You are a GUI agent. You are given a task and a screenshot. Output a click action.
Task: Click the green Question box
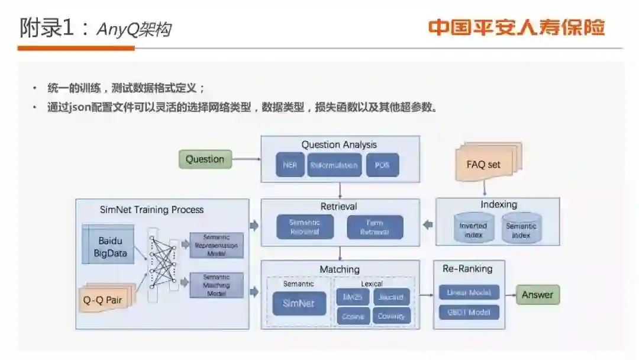coord(205,159)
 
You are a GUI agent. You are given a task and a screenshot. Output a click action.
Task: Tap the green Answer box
coord(537,295)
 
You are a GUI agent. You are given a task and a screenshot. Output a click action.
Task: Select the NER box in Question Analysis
coord(290,165)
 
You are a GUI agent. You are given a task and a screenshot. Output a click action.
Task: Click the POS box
coord(382,165)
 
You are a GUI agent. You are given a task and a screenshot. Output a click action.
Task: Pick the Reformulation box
coord(334,165)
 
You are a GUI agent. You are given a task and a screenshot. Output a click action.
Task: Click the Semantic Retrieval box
coord(305,227)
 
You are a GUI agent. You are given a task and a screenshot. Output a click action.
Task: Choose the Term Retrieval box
coord(375,227)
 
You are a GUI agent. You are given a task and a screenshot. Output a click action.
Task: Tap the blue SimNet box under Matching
coord(299,304)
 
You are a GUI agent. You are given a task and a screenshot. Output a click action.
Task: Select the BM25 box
coord(353,297)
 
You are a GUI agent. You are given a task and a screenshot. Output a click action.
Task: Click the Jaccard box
coord(391,297)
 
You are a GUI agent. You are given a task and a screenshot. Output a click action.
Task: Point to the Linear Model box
coord(469,292)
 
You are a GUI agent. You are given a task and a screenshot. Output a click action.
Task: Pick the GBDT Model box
coord(469,312)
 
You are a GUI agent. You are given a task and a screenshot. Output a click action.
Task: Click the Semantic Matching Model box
coord(216,285)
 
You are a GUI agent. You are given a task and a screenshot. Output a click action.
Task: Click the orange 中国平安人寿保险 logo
coord(517,28)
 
